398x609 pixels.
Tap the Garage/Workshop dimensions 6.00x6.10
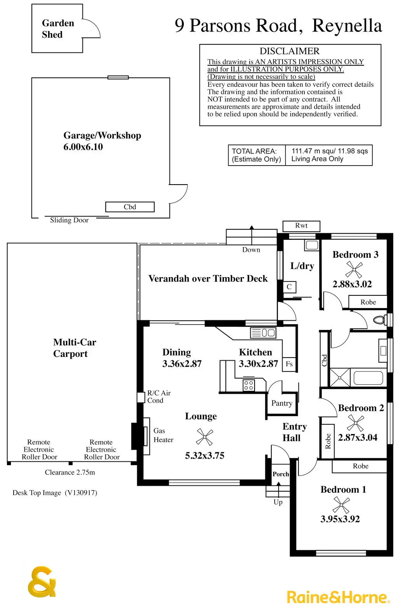click(x=83, y=147)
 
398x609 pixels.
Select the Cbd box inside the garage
click(x=130, y=207)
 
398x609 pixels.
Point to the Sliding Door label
click(x=69, y=220)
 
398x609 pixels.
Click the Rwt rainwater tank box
click(x=301, y=226)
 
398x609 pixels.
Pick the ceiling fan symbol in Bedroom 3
click(x=354, y=269)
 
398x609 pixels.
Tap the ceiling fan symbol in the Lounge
click(x=204, y=437)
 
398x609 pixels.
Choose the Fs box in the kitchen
click(x=289, y=364)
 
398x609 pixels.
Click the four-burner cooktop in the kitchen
click(x=249, y=385)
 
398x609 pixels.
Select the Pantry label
click(x=282, y=403)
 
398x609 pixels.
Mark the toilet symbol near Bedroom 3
click(x=379, y=320)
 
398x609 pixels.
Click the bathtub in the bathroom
click(x=368, y=378)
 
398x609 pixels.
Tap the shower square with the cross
click(x=340, y=378)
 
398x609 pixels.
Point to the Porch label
click(x=281, y=474)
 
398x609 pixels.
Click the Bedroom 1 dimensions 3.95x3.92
click(x=340, y=519)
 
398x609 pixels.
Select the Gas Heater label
click(x=163, y=435)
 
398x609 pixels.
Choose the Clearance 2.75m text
click(x=70, y=473)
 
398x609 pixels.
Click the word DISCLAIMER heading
click(x=290, y=51)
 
